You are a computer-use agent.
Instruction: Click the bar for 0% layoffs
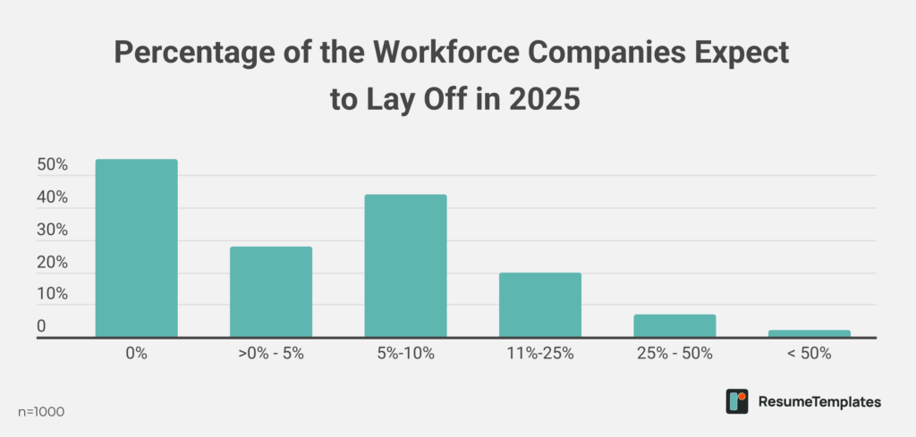(136, 248)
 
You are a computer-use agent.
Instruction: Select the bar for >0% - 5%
(271, 292)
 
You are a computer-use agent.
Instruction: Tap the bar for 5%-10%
(405, 266)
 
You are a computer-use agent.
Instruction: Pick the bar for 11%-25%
(540, 305)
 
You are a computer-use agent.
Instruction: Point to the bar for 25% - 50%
(674, 326)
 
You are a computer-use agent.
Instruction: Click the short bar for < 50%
(810, 333)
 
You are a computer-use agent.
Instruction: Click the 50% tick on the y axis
(53, 166)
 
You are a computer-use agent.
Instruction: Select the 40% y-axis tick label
(53, 198)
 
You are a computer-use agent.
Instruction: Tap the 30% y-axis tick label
(53, 231)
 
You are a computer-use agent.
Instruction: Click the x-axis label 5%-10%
(405, 353)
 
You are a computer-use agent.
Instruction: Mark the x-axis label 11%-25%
(540, 353)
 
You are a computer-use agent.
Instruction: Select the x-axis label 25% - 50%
(674, 353)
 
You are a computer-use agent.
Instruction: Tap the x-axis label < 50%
(810, 353)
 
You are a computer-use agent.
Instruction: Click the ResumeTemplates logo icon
(736, 401)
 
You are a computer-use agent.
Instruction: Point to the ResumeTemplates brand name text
(818, 402)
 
